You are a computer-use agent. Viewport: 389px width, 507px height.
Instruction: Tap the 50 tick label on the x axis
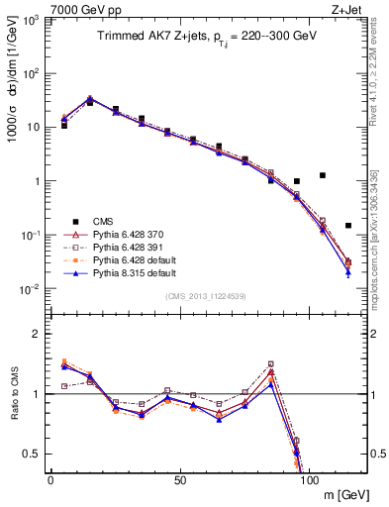(x=179, y=478)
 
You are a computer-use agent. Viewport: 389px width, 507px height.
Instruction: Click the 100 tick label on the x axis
(x=309, y=478)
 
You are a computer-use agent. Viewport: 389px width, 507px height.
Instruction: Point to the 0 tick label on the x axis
(x=50, y=478)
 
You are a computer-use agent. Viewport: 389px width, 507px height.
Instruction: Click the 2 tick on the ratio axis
(x=37, y=335)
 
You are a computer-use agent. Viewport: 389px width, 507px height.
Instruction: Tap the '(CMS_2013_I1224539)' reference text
(x=206, y=296)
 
